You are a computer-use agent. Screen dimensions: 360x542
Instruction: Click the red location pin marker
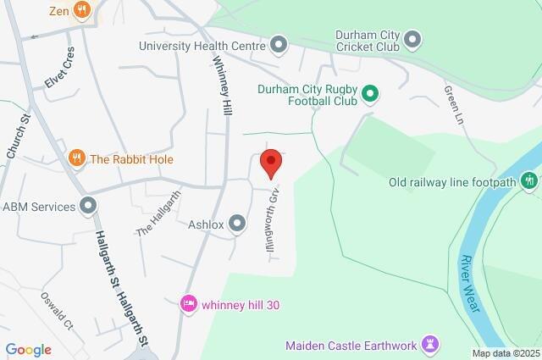coord(270,163)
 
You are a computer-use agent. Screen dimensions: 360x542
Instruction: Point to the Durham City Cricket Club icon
coord(412,38)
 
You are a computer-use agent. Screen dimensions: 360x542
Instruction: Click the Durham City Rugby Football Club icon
coord(369,94)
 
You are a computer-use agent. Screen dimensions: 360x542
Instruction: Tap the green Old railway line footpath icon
coord(529,180)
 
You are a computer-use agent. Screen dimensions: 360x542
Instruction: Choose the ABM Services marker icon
coord(88,206)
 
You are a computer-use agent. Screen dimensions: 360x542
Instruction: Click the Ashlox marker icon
coord(237,224)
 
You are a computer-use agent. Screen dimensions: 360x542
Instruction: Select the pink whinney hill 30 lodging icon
coord(189,303)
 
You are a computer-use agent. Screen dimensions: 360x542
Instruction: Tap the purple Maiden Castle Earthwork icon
coord(431,344)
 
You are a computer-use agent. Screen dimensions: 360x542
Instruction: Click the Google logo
coord(28,349)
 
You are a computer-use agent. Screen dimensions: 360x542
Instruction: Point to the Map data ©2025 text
coord(505,353)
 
